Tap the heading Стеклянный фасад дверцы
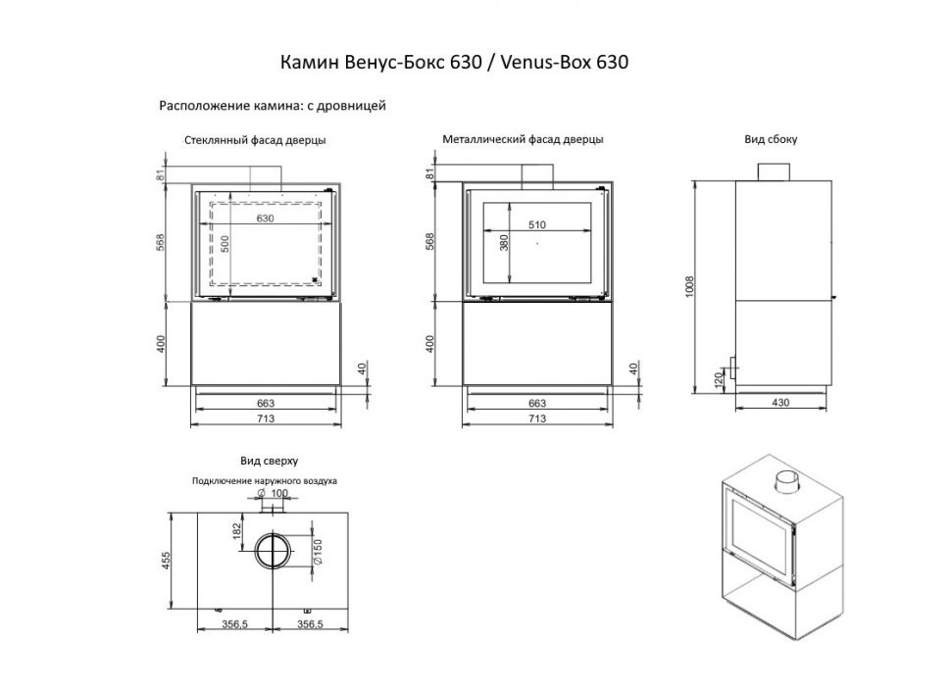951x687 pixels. [x=255, y=140]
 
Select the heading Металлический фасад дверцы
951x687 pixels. [x=523, y=140]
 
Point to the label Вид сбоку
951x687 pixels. [x=771, y=140]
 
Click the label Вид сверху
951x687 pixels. [x=268, y=460]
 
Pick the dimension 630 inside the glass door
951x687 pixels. [x=265, y=218]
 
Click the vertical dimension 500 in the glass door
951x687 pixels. [x=225, y=245]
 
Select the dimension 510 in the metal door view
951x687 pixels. [x=536, y=224]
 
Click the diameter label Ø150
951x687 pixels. [x=317, y=553]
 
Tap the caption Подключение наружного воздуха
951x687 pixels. [x=266, y=481]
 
